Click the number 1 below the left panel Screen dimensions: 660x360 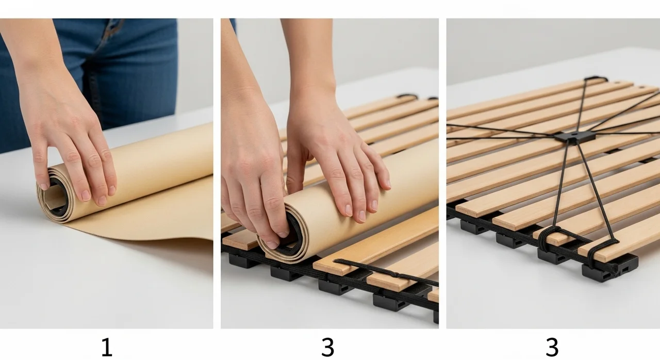(107, 348)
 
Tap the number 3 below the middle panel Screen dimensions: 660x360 (327, 347)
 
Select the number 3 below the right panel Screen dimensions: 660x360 (552, 347)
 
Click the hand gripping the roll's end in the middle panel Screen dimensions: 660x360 (253, 177)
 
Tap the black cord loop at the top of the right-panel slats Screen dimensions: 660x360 (596, 79)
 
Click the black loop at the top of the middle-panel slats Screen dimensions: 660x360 (407, 96)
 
